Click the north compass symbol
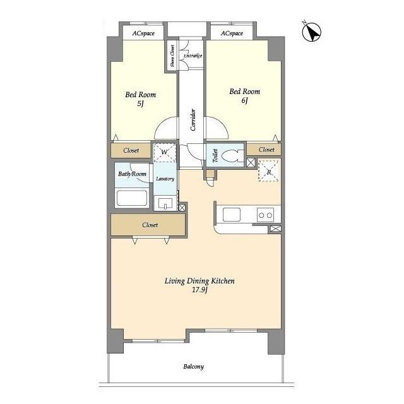pyautogui.click(x=311, y=32)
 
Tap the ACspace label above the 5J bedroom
pyautogui.click(x=144, y=33)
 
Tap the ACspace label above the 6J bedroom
pyautogui.click(x=231, y=33)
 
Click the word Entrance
pyautogui.click(x=193, y=56)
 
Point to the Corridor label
pyautogui.click(x=193, y=120)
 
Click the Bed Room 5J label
pyautogui.click(x=140, y=99)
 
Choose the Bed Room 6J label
pyautogui.click(x=244, y=95)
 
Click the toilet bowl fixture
pyautogui.click(x=230, y=156)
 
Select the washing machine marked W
pyautogui.click(x=164, y=152)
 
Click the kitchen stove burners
pyautogui.click(x=266, y=215)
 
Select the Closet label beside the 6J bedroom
pyautogui.click(x=266, y=150)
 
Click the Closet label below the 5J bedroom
pyautogui.click(x=131, y=151)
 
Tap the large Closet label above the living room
pyautogui.click(x=150, y=225)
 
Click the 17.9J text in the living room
pyautogui.click(x=199, y=291)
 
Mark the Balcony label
pyautogui.click(x=193, y=367)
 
